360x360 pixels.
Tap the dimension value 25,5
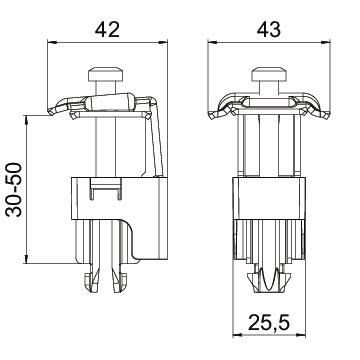268,326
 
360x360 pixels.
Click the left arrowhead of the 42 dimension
53,42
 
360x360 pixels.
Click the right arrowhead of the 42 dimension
157,42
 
